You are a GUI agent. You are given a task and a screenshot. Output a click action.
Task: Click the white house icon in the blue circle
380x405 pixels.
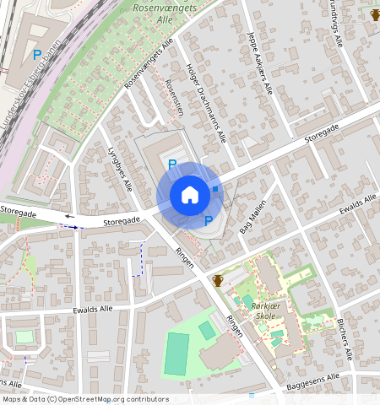pos(190,195)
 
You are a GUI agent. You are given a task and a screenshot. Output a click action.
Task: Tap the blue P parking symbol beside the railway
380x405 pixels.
pos(36,56)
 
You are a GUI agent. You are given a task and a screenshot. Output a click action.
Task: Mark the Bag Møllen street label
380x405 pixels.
pos(252,216)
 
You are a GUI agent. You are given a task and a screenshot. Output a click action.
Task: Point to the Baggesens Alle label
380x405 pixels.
pos(310,381)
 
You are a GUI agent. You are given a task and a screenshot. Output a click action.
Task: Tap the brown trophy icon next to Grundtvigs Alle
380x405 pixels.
pos(375,14)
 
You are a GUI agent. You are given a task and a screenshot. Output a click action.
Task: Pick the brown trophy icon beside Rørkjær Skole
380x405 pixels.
pos(218,280)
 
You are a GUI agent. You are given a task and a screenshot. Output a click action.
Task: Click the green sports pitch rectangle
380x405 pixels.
pos(177,354)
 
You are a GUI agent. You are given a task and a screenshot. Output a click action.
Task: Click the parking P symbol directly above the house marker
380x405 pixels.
pos(172,165)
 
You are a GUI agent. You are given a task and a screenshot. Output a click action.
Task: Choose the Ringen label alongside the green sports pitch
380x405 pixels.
pos(235,326)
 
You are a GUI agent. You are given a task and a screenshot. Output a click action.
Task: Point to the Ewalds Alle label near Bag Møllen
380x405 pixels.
pos(357,206)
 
